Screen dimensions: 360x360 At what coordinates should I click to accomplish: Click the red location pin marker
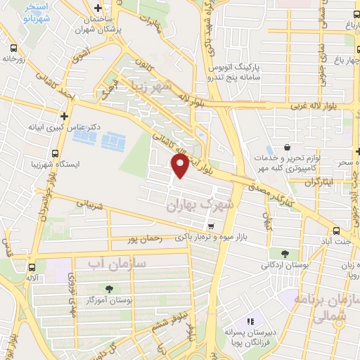[180, 166]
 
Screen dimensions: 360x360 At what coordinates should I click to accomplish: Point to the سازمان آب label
[117, 262]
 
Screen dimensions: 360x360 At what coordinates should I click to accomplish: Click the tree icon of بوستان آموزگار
[108, 289]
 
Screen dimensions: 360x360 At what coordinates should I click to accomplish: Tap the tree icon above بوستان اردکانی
[284, 254]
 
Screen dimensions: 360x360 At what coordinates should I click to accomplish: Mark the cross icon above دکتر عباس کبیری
[65, 116]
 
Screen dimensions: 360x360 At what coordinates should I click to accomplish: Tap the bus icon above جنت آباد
[337, 230]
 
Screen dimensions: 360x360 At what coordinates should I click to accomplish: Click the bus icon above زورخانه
[14, 49]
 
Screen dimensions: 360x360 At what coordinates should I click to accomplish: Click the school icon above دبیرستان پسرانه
[254, 322]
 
